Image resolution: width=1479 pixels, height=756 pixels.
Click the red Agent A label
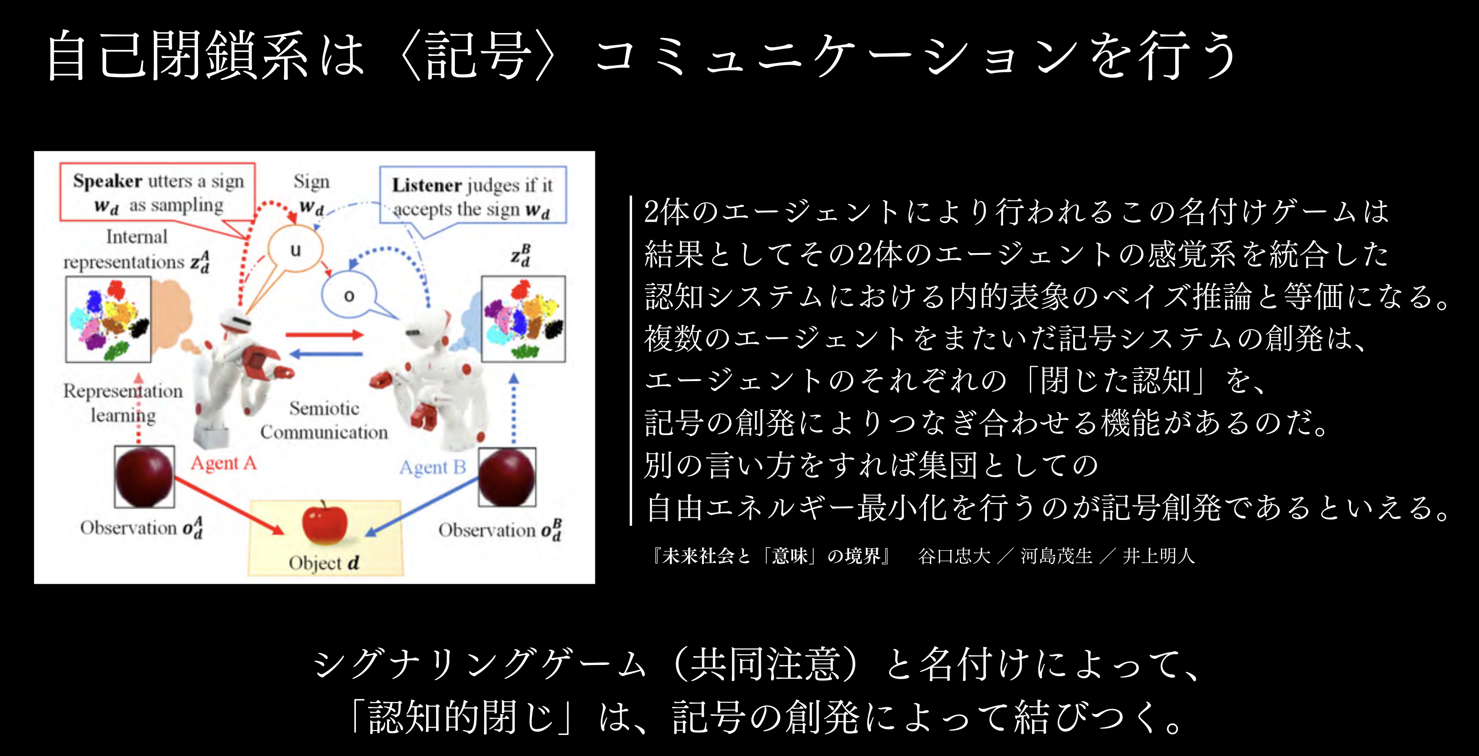pos(223,463)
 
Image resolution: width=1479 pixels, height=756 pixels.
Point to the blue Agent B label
pos(432,468)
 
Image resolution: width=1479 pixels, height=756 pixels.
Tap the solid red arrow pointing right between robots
pos(324,334)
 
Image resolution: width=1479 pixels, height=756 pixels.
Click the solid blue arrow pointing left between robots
pos(326,354)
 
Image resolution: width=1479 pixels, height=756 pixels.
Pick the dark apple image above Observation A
pos(144,477)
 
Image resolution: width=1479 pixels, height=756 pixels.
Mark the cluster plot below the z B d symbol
pos(523,319)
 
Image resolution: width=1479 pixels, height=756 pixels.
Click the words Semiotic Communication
pos(324,420)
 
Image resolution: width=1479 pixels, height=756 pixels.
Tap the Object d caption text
pos(324,562)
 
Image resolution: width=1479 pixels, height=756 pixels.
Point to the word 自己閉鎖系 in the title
pos(178,55)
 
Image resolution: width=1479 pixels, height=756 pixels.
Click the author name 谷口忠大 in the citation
pos(954,556)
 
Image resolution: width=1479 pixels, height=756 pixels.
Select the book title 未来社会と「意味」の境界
pos(771,556)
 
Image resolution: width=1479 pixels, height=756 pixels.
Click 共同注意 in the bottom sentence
pos(766,664)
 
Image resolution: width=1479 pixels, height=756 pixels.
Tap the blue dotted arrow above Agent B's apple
pos(513,408)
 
